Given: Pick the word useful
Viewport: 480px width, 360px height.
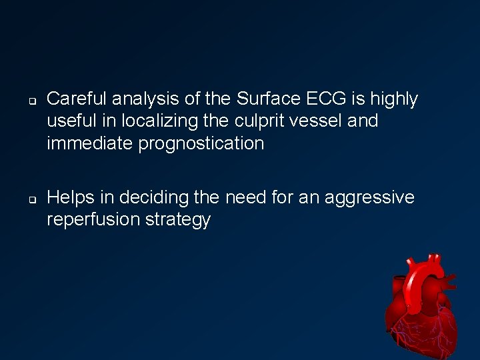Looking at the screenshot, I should (70, 121).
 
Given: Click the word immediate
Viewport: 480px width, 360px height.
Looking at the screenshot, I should (90, 143).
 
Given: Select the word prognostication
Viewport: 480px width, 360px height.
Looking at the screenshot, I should (201, 143).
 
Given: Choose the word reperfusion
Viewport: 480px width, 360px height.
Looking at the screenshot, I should (93, 220).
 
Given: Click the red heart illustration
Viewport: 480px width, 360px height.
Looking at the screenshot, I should (423, 303).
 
